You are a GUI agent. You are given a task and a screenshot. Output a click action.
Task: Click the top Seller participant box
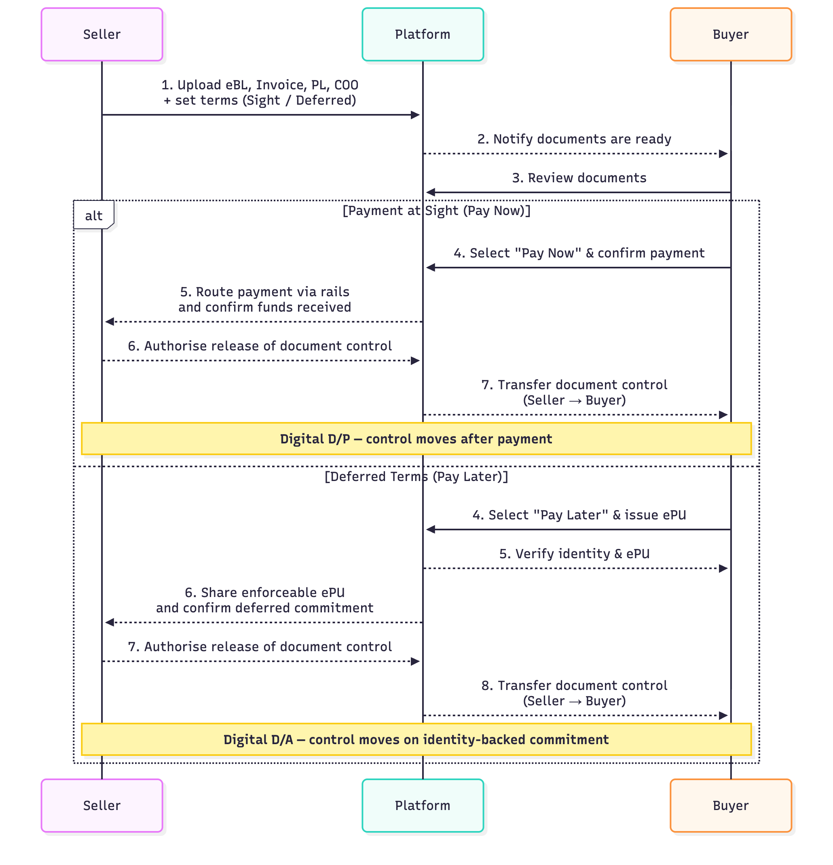point(101,34)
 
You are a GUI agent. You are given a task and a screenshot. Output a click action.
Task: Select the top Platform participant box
point(423,34)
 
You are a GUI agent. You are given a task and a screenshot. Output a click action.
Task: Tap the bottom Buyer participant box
point(730,805)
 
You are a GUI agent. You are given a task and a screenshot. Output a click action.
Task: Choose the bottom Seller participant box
point(101,805)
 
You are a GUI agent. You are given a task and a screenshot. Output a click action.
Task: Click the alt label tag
point(93,215)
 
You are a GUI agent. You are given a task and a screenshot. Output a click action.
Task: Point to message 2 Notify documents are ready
point(574,139)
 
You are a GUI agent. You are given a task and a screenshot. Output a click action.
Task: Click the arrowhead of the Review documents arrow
point(430,192)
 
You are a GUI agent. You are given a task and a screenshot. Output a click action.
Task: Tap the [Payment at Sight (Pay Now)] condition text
point(436,211)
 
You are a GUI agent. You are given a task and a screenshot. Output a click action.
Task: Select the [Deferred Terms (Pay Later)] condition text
point(416,476)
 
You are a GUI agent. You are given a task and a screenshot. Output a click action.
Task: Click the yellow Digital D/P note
point(416,439)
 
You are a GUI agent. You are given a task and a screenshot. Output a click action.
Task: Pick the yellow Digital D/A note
point(416,739)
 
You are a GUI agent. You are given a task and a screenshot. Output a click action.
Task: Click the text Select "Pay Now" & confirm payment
point(579,253)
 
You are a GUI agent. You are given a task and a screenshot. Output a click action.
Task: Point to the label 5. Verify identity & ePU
point(574,553)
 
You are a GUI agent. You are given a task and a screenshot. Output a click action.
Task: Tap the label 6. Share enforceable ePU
point(264,592)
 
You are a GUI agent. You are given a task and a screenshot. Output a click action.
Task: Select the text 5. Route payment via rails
point(264,292)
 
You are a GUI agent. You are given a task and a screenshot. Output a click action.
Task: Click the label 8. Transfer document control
point(574,686)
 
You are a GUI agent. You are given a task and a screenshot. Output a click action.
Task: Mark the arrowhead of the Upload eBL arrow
point(415,115)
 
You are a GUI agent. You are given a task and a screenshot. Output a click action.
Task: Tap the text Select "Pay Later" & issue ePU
point(579,515)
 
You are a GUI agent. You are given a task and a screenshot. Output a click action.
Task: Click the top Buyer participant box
point(730,34)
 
